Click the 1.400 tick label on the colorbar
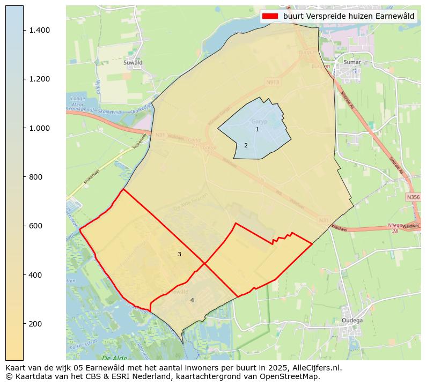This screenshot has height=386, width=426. pyautogui.click(x=40, y=30)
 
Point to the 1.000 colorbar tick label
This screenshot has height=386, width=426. pyautogui.click(x=40, y=128)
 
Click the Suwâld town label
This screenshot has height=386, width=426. pyautogui.click(x=133, y=62)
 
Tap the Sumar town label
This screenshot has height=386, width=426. pyautogui.click(x=352, y=62)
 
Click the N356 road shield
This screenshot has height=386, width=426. pyautogui.click(x=413, y=197)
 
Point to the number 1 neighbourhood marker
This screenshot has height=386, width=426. pyautogui.click(x=257, y=129)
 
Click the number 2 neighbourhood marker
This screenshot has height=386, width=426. pyautogui.click(x=246, y=145)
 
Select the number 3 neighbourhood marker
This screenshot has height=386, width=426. pyautogui.click(x=179, y=254)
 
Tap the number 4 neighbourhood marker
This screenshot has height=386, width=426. pyautogui.click(x=192, y=300)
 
